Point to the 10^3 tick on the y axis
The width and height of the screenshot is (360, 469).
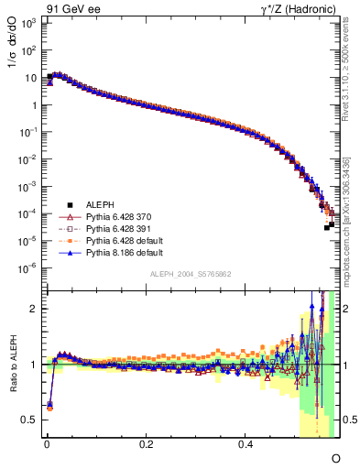[27, 23]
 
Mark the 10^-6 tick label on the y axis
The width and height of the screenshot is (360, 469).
[27, 268]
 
